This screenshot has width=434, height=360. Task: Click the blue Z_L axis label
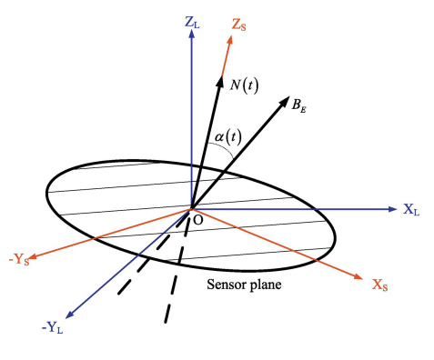coord(192,23)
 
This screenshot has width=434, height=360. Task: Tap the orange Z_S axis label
coord(238,25)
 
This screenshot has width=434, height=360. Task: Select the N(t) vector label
coord(244,85)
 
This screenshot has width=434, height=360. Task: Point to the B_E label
coord(298,105)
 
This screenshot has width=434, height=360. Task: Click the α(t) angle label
coord(228,137)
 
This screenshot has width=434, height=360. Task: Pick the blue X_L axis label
coord(411,209)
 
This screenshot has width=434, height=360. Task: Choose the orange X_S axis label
coord(379,285)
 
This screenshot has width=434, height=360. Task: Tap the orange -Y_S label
coord(19,260)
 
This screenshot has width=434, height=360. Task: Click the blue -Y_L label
coord(52,328)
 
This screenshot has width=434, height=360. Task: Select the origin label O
coord(197,220)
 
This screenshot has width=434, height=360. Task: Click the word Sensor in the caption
coord(226,285)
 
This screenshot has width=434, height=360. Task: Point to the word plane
coord(264,285)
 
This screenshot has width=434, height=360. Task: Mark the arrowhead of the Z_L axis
coord(191,34)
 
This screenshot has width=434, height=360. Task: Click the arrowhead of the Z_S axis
coord(230,40)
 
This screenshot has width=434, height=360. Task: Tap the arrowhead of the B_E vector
coord(285,101)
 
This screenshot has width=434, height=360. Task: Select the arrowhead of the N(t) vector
coord(220,81)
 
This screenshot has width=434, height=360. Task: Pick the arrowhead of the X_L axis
coord(393,209)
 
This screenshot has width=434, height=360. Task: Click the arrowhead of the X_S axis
coord(358,276)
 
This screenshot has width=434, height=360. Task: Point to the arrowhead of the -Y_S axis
coord(33,257)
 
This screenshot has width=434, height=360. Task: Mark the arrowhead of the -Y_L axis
coord(69,315)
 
